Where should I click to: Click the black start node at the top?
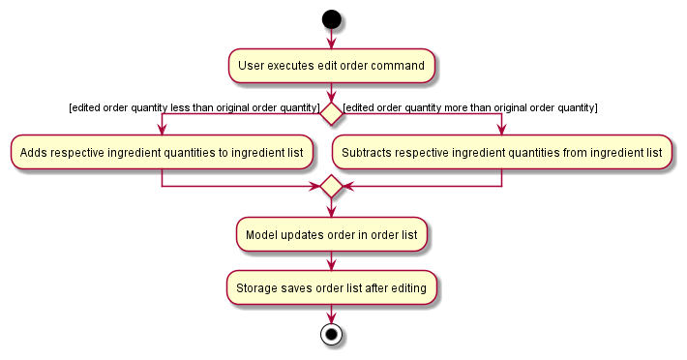click(x=332, y=18)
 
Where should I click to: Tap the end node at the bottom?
click(x=332, y=335)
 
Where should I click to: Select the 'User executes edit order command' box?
click(x=332, y=66)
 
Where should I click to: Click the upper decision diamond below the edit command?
click(x=332, y=113)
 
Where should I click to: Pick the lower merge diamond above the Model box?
click(x=332, y=185)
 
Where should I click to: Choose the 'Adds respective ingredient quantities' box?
click(x=162, y=152)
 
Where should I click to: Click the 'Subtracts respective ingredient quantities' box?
click(x=501, y=152)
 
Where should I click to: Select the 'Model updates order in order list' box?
click(x=332, y=233)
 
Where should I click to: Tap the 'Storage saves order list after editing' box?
click(x=332, y=287)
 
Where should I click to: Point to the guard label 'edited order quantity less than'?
click(x=194, y=106)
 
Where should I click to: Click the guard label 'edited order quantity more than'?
click(x=470, y=106)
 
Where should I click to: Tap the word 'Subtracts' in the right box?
click(x=367, y=152)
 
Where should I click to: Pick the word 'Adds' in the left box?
click(x=32, y=152)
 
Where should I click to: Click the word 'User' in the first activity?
click(x=251, y=66)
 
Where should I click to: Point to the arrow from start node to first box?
click(x=332, y=39)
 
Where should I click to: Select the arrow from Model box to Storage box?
click(x=332, y=260)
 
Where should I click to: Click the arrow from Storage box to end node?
click(x=332, y=313)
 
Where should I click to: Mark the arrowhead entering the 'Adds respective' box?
click(x=162, y=131)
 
